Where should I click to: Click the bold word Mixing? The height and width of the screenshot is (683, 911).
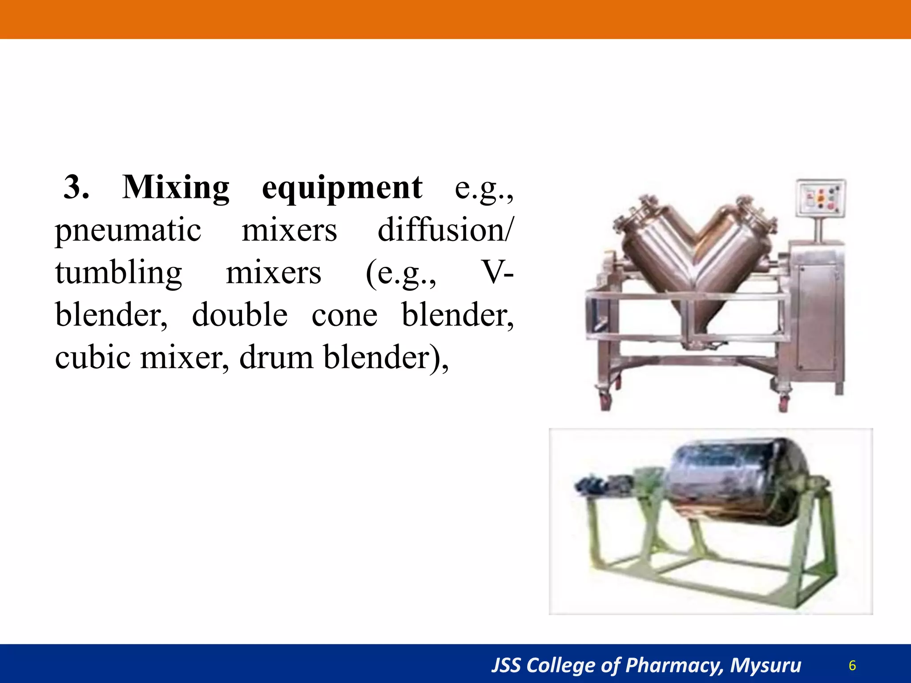[176, 188]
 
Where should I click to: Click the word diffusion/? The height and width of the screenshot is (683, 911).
[445, 230]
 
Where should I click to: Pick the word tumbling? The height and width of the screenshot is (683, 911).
[118, 273]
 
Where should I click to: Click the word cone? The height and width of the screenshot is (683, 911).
[344, 315]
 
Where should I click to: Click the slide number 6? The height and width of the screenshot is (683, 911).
[852, 666]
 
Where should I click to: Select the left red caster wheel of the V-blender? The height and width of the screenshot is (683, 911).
[605, 401]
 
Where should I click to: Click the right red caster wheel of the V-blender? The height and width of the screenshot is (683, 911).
[783, 402]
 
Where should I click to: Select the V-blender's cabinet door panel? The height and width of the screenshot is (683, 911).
[818, 318]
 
